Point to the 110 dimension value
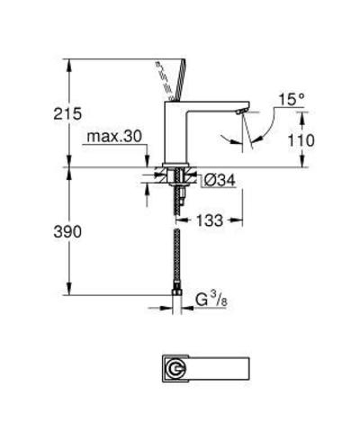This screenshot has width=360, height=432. click(280, 140)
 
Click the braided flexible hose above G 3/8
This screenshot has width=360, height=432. click(175, 256)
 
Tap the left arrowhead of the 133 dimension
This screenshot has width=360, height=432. click(178, 220)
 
